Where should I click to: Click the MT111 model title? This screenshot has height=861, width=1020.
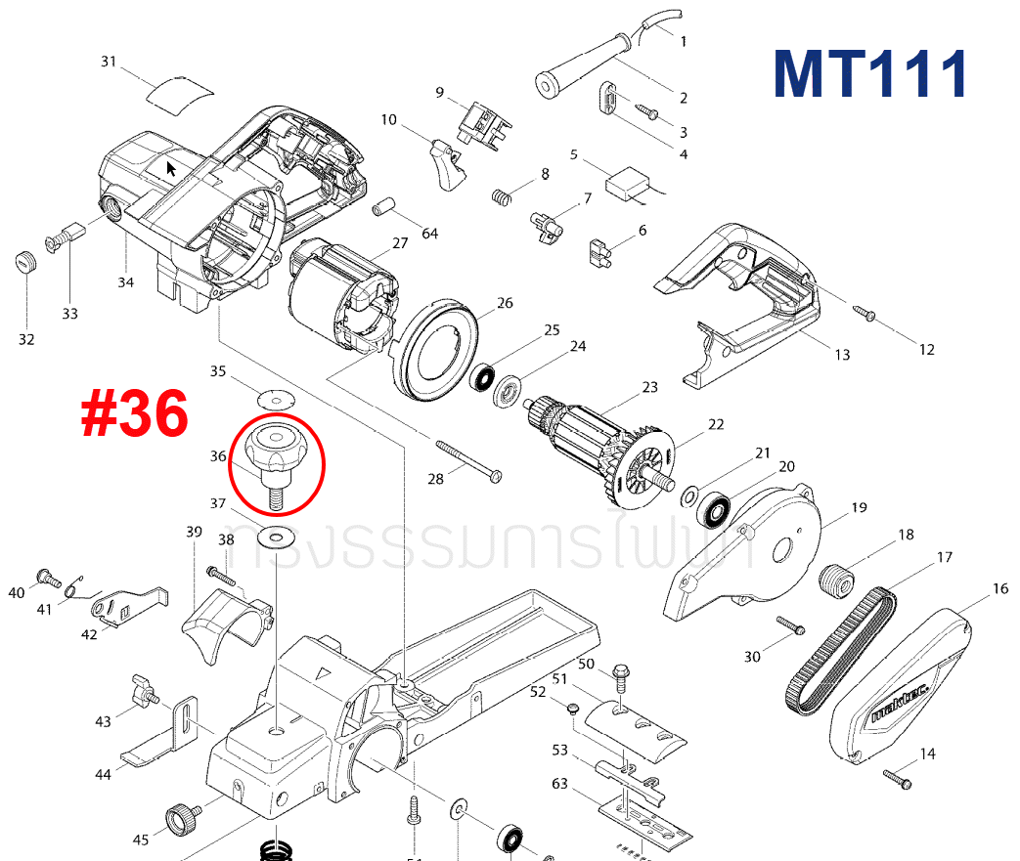[869, 73]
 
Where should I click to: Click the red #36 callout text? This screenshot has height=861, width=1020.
[135, 413]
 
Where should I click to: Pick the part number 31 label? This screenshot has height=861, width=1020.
[109, 62]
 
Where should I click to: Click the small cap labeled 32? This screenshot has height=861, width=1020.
[26, 263]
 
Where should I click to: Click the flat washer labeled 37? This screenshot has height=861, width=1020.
[275, 537]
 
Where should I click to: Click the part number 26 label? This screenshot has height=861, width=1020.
[504, 303]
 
